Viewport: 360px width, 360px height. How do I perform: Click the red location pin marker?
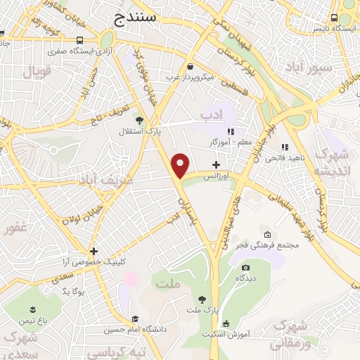[x=181, y=165]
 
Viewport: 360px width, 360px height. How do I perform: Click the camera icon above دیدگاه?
[x=245, y=267]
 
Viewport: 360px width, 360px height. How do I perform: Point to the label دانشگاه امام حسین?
[x=134, y=329]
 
